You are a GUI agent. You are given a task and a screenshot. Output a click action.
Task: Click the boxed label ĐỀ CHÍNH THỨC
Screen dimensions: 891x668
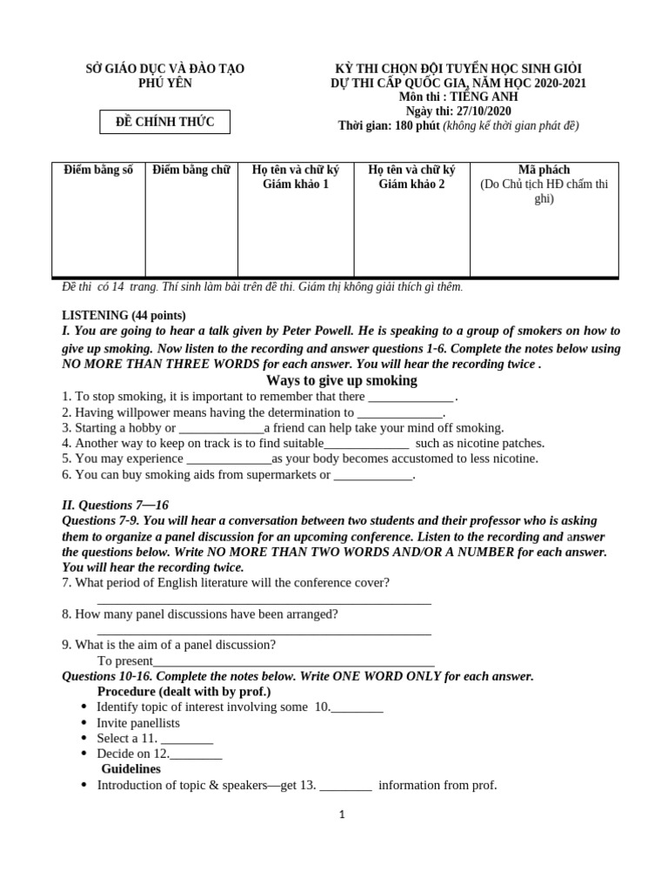[164, 122]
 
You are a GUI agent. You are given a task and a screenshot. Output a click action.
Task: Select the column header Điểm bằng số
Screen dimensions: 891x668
[98, 170]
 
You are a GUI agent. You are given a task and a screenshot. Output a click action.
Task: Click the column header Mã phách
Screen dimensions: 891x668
[544, 170]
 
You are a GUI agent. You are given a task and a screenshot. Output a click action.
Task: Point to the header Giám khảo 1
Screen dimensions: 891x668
[296, 184]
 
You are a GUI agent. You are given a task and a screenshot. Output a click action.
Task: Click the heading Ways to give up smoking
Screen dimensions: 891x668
[341, 381]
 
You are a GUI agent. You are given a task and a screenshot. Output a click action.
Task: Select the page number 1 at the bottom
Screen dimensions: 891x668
[343, 814]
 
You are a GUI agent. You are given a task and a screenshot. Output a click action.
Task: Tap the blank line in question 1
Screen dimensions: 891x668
[411, 398]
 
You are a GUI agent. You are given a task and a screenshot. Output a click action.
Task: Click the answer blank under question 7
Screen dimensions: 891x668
[264, 600]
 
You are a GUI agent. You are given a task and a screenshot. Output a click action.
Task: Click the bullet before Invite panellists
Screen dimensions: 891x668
[83, 723]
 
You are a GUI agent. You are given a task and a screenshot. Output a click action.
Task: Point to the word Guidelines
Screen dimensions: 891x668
[130, 769]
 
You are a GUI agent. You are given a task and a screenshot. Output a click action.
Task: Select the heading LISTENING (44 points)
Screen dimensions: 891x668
[124, 315]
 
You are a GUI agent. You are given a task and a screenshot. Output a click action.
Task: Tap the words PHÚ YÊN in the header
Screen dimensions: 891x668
[164, 84]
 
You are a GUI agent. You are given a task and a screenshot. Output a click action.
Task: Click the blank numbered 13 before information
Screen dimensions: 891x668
[346, 786]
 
